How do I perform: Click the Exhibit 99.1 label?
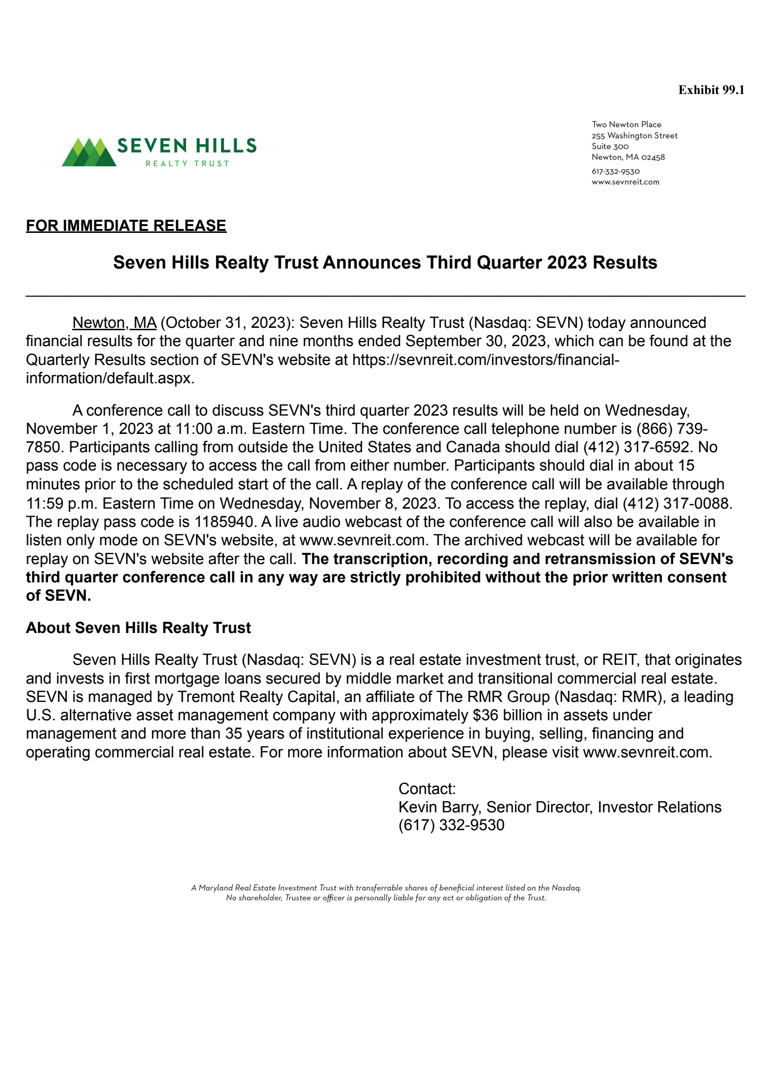[x=711, y=90]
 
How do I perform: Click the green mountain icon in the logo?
[x=89, y=152]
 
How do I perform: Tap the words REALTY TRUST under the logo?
[x=187, y=164]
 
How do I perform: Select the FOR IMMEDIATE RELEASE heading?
[x=126, y=226]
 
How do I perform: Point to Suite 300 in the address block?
[x=610, y=147]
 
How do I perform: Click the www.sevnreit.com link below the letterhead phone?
[x=625, y=182]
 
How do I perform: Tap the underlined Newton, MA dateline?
[x=114, y=323]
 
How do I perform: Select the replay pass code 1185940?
[x=224, y=522]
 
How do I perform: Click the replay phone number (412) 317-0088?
[x=677, y=503]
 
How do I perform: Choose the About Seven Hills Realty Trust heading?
[x=138, y=628]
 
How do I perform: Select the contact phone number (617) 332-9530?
[x=451, y=825]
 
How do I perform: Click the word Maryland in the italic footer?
[x=215, y=888]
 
